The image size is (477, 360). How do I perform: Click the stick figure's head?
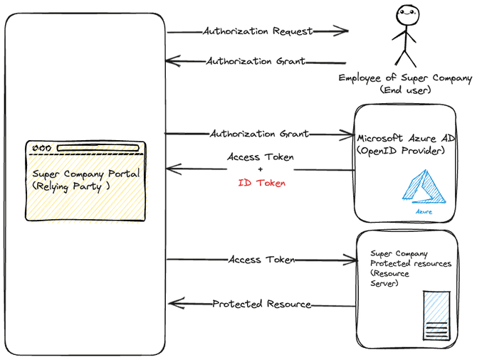click(x=405, y=13)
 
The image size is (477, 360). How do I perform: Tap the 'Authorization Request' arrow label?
click(x=257, y=31)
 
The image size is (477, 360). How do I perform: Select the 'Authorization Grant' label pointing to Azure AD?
click(x=259, y=134)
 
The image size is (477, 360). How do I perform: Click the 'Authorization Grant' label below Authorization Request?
click(x=256, y=61)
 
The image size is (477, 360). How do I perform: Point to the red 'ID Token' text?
click(x=261, y=183)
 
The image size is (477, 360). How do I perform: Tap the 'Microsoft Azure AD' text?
click(x=405, y=138)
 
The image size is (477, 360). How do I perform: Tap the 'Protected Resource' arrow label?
click(x=261, y=304)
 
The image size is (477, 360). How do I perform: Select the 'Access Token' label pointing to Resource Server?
click(x=261, y=260)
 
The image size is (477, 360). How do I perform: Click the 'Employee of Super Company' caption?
click(x=405, y=78)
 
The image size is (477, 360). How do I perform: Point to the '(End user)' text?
click(x=404, y=91)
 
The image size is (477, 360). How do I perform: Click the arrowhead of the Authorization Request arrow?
click(x=342, y=31)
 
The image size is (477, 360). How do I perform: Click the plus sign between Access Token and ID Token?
click(x=260, y=170)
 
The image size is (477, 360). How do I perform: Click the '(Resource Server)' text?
click(x=387, y=278)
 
